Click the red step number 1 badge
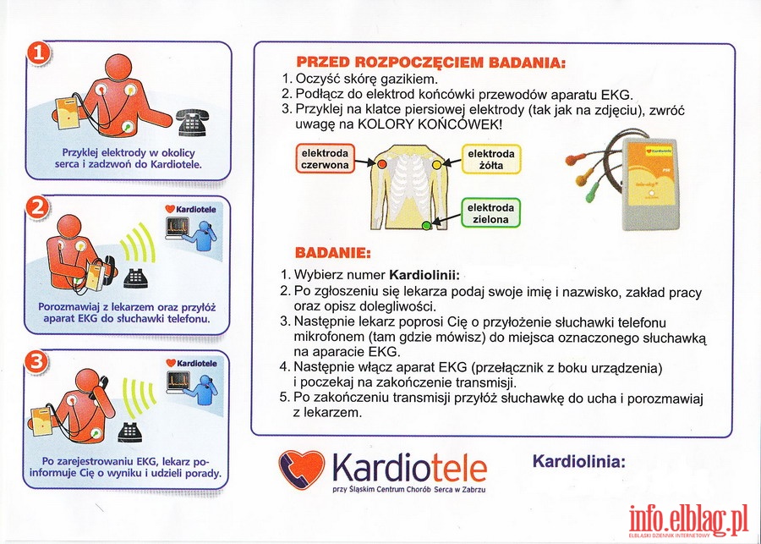(x=38, y=53)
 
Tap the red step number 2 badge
(x=37, y=208)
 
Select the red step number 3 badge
(x=36, y=362)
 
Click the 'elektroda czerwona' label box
(x=326, y=159)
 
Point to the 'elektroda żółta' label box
(x=491, y=159)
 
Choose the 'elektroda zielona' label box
(x=490, y=213)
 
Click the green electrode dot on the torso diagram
(x=426, y=225)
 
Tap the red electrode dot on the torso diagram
(x=382, y=164)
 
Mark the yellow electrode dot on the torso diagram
(x=436, y=165)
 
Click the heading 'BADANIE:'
(x=333, y=253)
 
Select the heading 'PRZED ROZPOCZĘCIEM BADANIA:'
(x=431, y=63)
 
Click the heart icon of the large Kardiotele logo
(x=301, y=470)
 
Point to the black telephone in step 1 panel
(x=192, y=122)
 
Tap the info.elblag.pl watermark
(x=688, y=521)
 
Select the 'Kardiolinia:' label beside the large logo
(x=579, y=461)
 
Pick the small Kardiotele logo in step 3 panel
(x=191, y=363)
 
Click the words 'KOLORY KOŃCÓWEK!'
(x=430, y=124)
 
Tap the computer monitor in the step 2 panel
(x=178, y=228)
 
